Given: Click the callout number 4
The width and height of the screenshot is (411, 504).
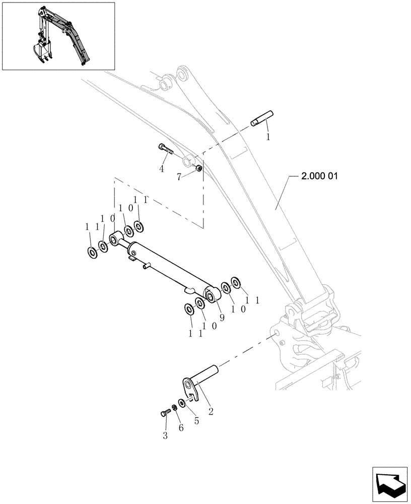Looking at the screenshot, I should (162, 169).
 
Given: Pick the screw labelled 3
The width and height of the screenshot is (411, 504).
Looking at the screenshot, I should (165, 413).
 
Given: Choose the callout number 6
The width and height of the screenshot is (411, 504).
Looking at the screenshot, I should (181, 427).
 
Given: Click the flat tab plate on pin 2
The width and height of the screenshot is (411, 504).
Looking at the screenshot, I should (189, 388).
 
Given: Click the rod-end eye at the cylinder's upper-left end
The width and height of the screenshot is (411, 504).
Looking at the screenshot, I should (116, 237).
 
